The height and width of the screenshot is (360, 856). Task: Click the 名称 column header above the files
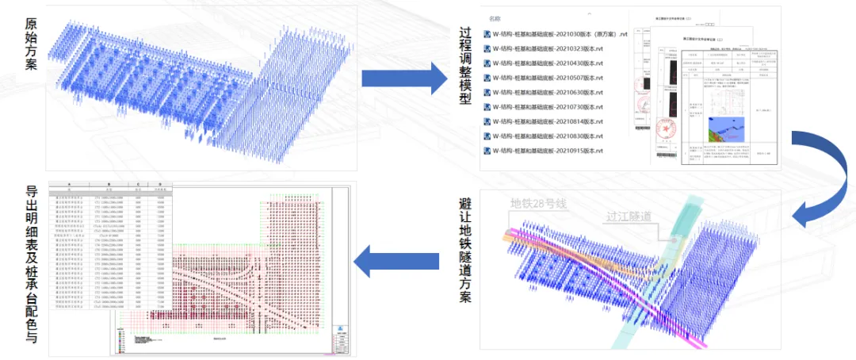click(x=495, y=17)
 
